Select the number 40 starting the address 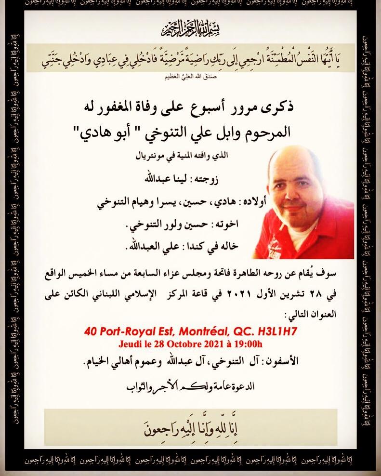91,332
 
